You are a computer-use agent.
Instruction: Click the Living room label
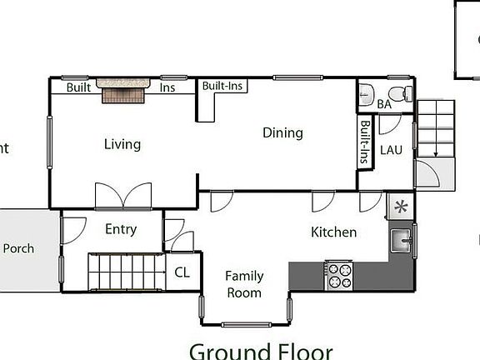[x=122, y=144]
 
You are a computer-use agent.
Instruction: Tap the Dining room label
[x=282, y=132]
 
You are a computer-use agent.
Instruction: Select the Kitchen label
[x=333, y=232]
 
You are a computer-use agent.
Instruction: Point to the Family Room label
[x=244, y=284]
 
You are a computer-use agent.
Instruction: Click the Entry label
[x=121, y=229]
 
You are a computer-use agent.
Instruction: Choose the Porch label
[x=19, y=248]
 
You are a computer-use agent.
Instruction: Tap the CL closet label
[x=182, y=272]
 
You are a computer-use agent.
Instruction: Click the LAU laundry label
[x=392, y=150]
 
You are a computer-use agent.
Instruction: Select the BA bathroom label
[x=384, y=104]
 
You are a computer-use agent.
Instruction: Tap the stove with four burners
[x=339, y=275]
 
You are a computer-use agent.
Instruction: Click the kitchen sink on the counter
[x=402, y=241]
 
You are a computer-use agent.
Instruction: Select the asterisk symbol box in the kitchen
[x=401, y=206]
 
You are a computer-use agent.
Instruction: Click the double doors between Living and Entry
[x=123, y=197]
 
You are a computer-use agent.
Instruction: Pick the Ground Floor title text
[x=260, y=351]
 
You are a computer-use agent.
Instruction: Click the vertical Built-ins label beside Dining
[x=365, y=142]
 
